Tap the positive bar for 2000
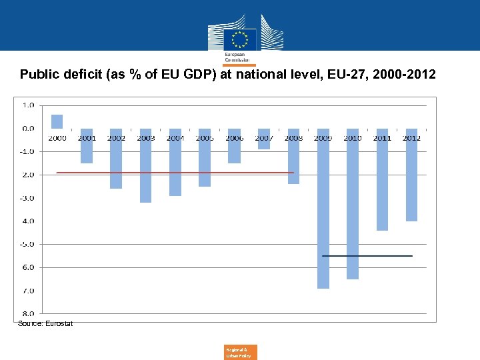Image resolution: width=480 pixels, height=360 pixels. [57, 121]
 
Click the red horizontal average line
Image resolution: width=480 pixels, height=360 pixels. [173, 173]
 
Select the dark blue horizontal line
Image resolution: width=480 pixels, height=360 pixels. [367, 256]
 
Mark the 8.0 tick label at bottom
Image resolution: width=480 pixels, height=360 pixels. [29, 313]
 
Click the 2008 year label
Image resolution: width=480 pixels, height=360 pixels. [293, 138]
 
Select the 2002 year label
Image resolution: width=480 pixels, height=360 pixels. [116, 138]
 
